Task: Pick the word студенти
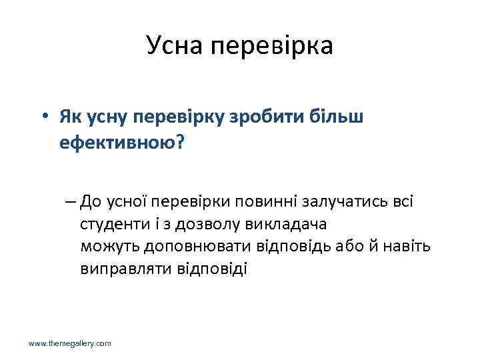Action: (115, 224)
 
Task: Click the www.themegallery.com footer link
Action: (69, 343)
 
